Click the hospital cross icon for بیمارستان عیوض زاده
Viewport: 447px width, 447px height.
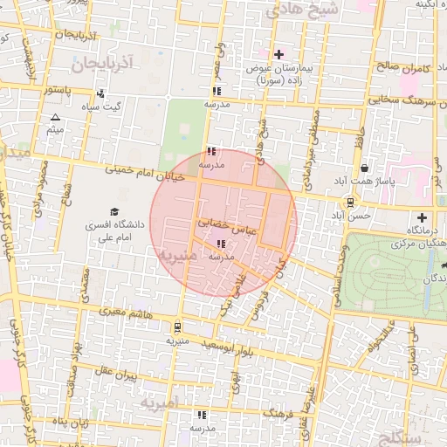coord(279,54)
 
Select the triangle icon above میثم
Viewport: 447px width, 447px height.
coord(56,117)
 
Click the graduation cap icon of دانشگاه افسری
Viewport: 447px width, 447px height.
coord(113,211)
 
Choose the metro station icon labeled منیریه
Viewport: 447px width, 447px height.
coord(178,328)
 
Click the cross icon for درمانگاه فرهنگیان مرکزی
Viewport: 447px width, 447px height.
coord(423,217)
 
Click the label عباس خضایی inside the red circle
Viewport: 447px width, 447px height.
coord(225,223)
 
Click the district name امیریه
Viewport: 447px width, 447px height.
coord(159,402)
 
